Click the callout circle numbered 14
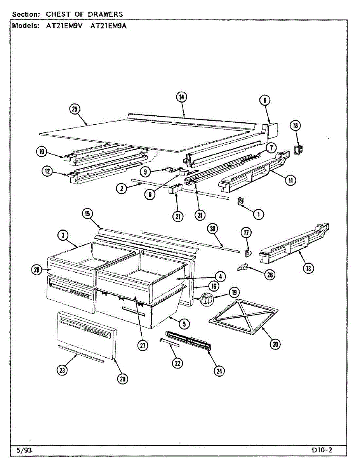pyautogui.click(x=181, y=97)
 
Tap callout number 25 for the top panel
pyautogui.click(x=75, y=110)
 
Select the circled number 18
pyautogui.click(x=296, y=125)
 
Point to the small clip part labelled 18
pyautogui.click(x=298, y=150)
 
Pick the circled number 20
pyautogui.click(x=275, y=344)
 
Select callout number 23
pyautogui.click(x=62, y=371)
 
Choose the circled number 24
pyautogui.click(x=219, y=371)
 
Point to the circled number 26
pyautogui.click(x=269, y=275)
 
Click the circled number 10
pyautogui.click(x=42, y=152)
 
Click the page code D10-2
pyautogui.click(x=322, y=450)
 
